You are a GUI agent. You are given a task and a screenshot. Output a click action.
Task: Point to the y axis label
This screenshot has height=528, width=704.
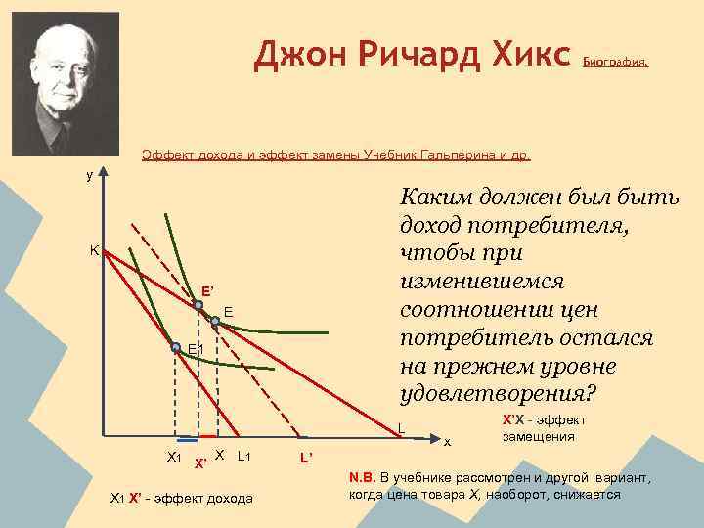[x=90, y=175]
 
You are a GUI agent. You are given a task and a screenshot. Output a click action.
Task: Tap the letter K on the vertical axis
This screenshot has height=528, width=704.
[x=94, y=250]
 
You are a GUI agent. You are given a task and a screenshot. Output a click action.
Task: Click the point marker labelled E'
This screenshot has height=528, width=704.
[x=198, y=306]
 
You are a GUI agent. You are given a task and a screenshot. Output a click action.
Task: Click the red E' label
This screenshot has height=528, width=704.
[x=207, y=291]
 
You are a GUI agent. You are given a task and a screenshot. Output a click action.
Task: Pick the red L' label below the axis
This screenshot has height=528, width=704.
[x=306, y=460]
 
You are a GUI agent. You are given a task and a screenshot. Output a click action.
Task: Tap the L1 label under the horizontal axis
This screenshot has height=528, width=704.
[x=244, y=456]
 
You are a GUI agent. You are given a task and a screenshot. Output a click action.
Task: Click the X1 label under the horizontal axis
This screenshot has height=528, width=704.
[x=174, y=457]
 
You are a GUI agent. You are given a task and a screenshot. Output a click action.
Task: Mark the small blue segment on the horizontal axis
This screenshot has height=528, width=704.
[x=186, y=437]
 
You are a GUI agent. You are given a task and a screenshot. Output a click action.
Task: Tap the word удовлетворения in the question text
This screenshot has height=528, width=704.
[x=497, y=394]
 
